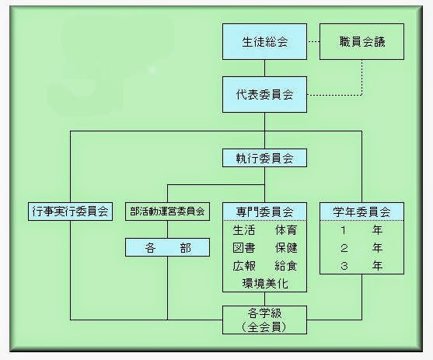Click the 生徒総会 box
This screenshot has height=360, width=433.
[264, 41]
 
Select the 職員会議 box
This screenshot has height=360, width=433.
[361, 41]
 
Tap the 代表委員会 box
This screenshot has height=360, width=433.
[264, 95]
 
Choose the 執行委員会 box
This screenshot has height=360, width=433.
[264, 158]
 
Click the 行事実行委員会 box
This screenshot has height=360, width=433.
[71, 211]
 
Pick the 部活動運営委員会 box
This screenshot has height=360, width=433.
[167, 211]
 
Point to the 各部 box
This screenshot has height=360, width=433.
[167, 247]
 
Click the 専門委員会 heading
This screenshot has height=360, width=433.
[264, 211]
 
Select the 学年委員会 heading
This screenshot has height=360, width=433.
[361, 211]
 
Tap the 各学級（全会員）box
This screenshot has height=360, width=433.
[264, 320]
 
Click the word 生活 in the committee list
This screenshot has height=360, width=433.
[244, 230]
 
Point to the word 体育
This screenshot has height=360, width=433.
[286, 230]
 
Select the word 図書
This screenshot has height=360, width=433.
[244, 248]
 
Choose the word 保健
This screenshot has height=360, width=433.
[286, 248]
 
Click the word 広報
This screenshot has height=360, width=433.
[244, 266]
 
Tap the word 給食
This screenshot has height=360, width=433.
[286, 266]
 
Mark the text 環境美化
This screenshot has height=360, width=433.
[265, 284]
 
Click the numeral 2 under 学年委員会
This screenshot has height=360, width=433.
[344, 248]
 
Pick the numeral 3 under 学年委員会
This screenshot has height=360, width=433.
[344, 266]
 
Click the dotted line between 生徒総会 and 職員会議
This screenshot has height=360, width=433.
[313, 42]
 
